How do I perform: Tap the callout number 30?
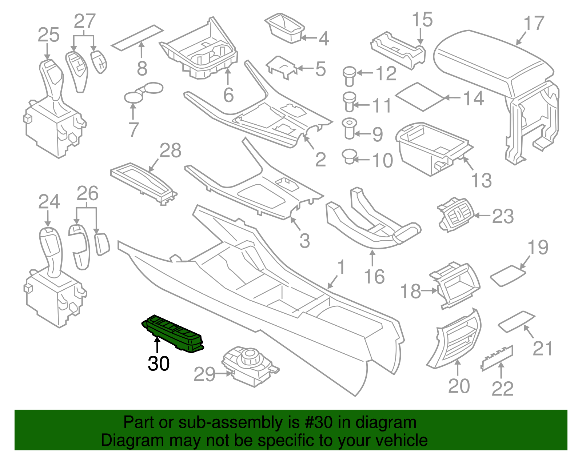tap(159, 363)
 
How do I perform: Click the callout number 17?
tap(534, 24)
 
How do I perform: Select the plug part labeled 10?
tap(349, 157)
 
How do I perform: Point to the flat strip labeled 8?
tap(137, 38)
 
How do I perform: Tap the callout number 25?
tap(49, 35)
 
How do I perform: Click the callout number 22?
tap(502, 389)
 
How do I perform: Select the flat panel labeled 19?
tap(508, 275)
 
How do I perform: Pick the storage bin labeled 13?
tap(429, 147)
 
